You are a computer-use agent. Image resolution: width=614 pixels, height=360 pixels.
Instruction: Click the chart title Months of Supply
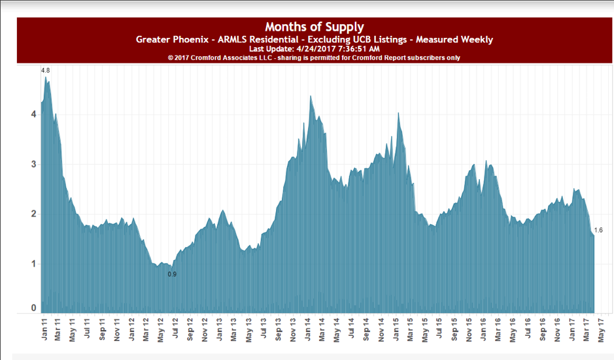click(x=314, y=27)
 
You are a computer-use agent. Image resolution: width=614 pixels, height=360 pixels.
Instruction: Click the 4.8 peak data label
click(x=45, y=71)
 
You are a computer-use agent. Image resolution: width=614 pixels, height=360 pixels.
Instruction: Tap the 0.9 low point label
click(x=172, y=274)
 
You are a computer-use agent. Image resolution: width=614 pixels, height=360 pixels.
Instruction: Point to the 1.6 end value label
click(x=598, y=230)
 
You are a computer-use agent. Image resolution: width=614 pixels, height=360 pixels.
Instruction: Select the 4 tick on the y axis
click(x=34, y=114)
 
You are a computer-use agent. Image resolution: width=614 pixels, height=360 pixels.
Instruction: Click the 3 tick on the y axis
click(x=34, y=164)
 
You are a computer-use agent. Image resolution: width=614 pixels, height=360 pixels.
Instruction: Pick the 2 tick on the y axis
click(x=34, y=214)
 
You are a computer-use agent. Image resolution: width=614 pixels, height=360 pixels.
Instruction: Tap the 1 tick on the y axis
click(x=34, y=264)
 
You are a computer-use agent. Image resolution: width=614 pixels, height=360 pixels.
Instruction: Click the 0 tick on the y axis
click(x=34, y=308)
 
